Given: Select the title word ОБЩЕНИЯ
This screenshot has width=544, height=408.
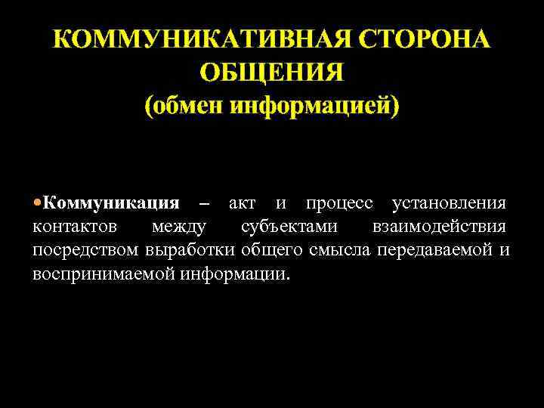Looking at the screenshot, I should point(272,73).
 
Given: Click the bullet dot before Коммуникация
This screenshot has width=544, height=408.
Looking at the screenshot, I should point(38,203).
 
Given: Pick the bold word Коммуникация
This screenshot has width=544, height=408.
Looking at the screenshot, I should point(111,203).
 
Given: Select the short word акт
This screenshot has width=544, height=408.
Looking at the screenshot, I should point(242,204).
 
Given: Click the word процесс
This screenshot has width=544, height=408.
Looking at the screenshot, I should point(339,204).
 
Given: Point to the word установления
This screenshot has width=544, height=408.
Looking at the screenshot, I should point(450,204).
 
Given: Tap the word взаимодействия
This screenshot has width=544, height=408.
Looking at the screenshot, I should point(439,227).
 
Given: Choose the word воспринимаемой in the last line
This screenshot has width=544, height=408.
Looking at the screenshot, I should point(105,273).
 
